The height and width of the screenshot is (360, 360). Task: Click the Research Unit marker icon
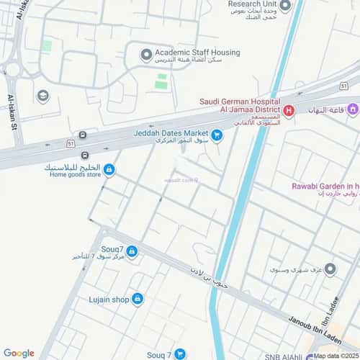point(284,6)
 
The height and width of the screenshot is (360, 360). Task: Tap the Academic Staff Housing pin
point(147,53)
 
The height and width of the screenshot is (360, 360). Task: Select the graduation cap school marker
point(43,96)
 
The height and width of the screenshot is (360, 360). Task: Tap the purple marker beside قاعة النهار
point(353,110)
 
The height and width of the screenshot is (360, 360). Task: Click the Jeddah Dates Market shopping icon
point(217,133)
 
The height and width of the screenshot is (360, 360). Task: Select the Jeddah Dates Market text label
point(170,133)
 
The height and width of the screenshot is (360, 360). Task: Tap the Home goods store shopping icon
point(109,170)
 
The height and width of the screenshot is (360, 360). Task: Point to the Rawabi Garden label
point(325,186)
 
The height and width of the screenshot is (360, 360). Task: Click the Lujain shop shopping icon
point(138,298)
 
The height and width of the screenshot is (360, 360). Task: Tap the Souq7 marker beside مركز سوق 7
point(132,251)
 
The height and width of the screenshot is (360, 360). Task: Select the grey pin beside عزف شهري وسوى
point(330,269)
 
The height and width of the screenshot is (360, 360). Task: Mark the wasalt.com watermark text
point(181,180)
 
